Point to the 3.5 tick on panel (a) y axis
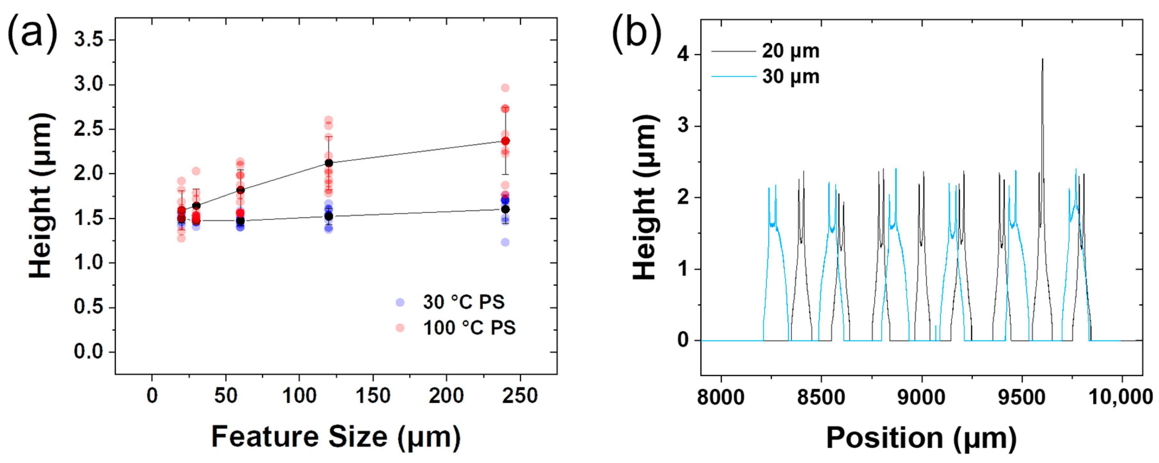pos(89,40)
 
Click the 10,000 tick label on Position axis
pos(1120,397)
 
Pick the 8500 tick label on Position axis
pos(821,397)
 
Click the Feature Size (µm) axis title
pos(336,437)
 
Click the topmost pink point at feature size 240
pos(505,88)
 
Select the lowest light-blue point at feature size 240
pos(505,242)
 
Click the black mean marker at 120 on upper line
pos(329,163)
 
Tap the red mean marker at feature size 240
pos(505,141)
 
